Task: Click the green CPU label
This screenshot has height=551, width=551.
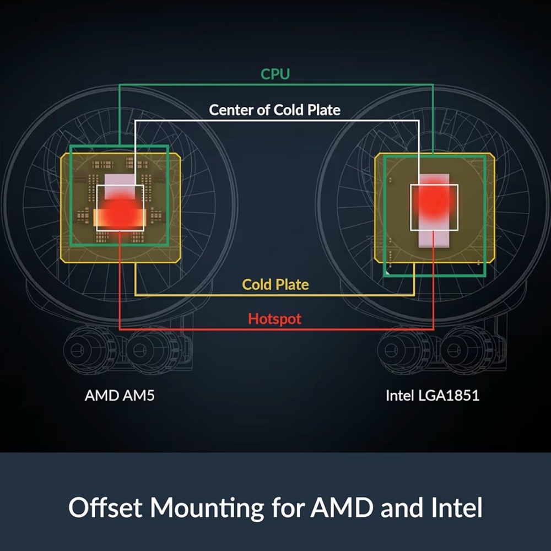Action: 275,74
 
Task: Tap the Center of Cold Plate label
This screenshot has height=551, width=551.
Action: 275,110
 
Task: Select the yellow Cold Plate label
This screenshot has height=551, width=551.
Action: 275,285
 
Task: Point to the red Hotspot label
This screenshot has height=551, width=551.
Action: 275,318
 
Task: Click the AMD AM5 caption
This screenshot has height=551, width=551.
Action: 120,396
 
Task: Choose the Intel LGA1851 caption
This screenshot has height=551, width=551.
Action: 433,396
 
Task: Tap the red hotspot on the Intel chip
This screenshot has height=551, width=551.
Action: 434,201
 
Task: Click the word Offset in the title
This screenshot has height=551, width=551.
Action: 105,507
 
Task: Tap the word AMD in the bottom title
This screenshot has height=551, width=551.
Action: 342,507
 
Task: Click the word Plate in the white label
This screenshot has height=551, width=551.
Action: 324,110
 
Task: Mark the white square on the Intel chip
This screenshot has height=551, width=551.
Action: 434,185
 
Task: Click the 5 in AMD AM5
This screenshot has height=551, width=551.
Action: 151,396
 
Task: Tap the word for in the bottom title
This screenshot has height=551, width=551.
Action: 287,507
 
